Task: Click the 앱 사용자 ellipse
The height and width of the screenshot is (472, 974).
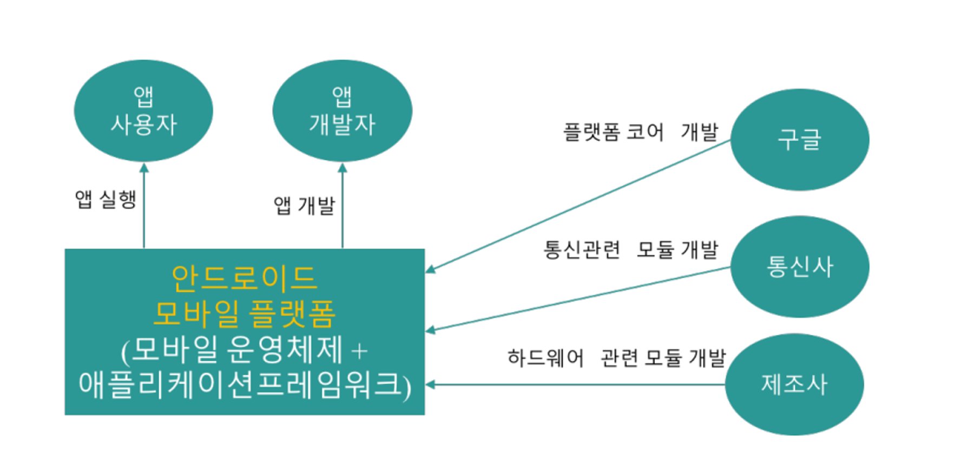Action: pyautogui.click(x=143, y=111)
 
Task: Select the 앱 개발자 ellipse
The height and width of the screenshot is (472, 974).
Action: pyautogui.click(x=342, y=111)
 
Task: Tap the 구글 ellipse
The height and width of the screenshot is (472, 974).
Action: pyautogui.click(x=799, y=140)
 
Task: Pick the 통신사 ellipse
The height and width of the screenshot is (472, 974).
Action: pyautogui.click(x=799, y=266)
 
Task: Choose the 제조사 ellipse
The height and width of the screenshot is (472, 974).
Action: pyautogui.click(x=794, y=384)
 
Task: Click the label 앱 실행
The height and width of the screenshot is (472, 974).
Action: pyautogui.click(x=106, y=199)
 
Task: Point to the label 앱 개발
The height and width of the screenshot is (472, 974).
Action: pyautogui.click(x=304, y=205)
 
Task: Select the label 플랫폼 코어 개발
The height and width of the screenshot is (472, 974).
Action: pyautogui.click(x=641, y=132)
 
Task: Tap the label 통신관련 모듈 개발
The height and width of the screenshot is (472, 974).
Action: pyautogui.click(x=630, y=250)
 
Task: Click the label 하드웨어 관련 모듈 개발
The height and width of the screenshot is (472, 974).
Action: pyautogui.click(x=616, y=358)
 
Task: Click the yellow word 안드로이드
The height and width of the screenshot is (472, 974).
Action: pyautogui.click(x=244, y=278)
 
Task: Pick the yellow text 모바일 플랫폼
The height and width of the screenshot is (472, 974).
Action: pyautogui.click(x=245, y=314)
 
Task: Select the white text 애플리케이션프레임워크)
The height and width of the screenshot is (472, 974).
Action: pyautogui.click(x=245, y=385)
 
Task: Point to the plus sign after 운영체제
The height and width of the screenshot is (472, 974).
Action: pyautogui.click(x=359, y=351)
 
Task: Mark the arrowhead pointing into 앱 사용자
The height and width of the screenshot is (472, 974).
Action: pyautogui.click(x=144, y=168)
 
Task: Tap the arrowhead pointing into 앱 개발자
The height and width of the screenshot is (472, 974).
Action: pyautogui.click(x=343, y=168)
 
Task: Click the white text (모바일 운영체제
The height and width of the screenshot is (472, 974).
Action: pyautogui.click(x=233, y=350)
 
